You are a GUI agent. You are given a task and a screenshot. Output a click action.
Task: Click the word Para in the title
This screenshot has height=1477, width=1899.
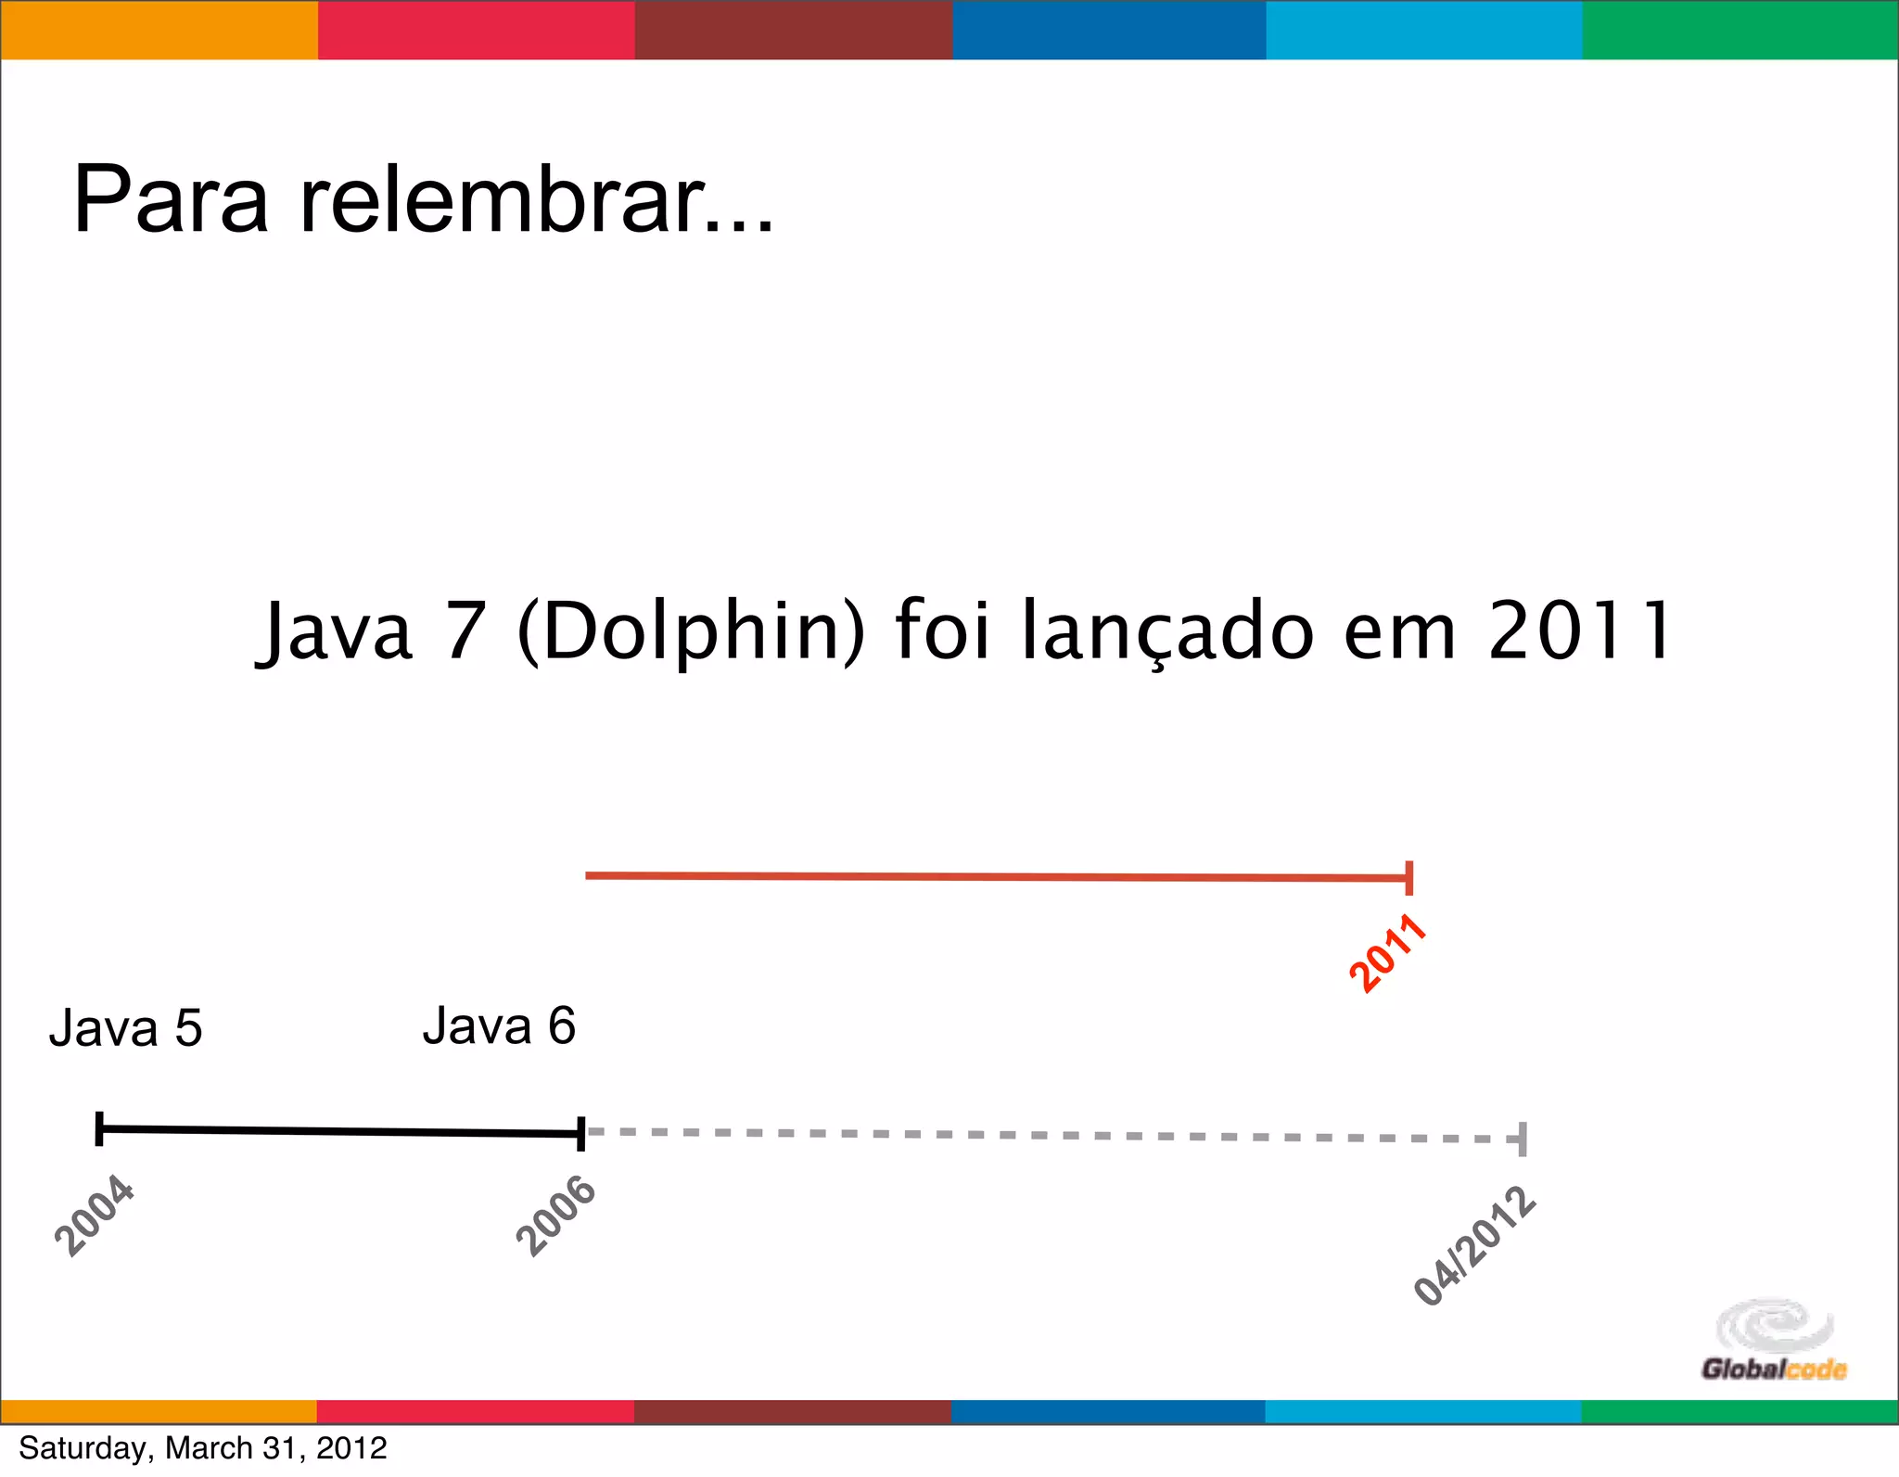tap(171, 199)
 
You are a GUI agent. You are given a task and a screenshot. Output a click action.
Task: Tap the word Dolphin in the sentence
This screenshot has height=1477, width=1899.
tap(691, 632)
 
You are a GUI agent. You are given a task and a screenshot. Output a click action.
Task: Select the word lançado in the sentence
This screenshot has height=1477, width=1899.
tap(1167, 632)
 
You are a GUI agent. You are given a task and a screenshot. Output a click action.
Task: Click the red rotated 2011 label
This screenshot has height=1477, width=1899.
tap(1387, 952)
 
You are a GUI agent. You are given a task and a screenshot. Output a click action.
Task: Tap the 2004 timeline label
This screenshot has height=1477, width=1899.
tap(95, 1215)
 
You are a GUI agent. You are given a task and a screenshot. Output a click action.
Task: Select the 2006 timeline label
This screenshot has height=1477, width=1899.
tap(555, 1215)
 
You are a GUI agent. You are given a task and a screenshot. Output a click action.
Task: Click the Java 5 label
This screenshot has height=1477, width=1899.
tap(125, 1028)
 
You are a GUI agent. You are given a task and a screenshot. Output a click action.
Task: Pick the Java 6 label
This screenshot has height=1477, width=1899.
tap(499, 1026)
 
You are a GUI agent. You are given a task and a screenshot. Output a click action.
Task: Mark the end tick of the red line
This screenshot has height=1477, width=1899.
tap(1409, 877)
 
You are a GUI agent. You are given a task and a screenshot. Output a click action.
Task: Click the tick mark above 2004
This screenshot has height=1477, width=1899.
tap(99, 1128)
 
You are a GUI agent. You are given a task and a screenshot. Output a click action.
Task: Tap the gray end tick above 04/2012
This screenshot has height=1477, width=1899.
tap(1523, 1139)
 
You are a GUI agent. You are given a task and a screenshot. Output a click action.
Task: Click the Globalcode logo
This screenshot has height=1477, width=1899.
tap(1774, 1341)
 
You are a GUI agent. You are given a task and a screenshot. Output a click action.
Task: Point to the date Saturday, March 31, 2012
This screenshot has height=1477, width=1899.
tap(203, 1448)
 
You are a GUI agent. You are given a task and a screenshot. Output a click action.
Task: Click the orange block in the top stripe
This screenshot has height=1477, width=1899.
tap(159, 31)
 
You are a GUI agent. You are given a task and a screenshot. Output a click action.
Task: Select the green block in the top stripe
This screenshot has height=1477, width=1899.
tap(1740, 31)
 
